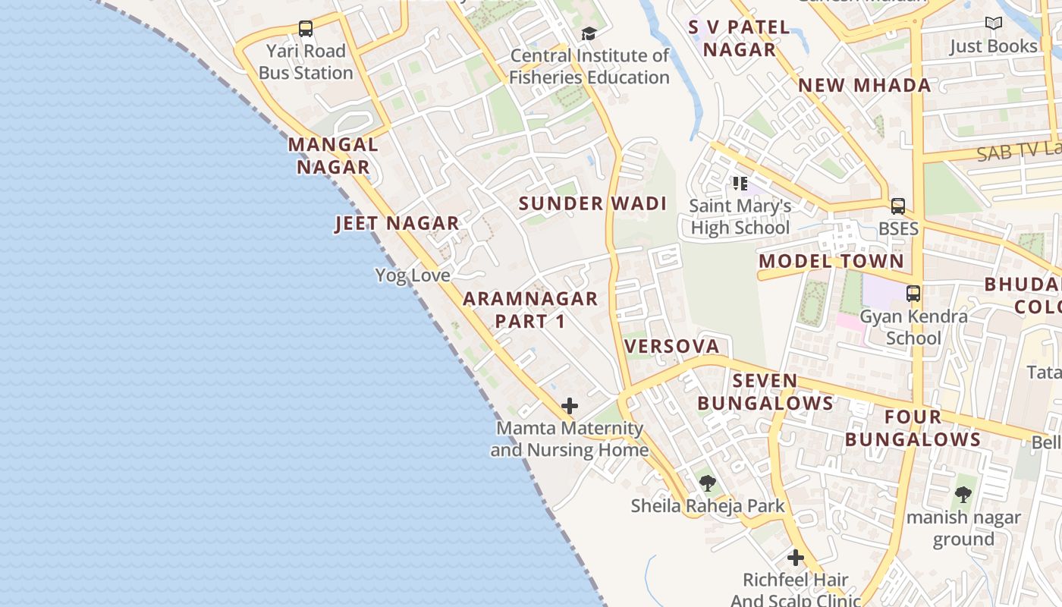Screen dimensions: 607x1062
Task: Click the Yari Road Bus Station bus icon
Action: click(x=306, y=29)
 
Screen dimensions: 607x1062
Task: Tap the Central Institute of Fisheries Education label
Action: click(x=589, y=67)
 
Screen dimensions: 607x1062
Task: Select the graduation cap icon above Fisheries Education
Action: click(x=589, y=33)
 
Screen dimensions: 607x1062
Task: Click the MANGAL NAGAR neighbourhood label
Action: click(x=333, y=156)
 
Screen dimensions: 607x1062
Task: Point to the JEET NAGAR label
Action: click(x=397, y=223)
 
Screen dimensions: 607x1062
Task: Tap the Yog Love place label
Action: click(x=413, y=275)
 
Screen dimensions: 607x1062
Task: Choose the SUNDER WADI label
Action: click(x=592, y=203)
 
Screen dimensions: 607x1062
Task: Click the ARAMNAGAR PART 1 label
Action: click(x=530, y=310)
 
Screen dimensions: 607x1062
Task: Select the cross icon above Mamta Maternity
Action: click(x=570, y=406)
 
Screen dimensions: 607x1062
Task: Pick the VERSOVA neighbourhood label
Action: click(x=671, y=347)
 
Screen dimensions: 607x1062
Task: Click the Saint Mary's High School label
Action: click(x=740, y=217)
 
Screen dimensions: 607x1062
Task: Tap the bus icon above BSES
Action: click(x=898, y=206)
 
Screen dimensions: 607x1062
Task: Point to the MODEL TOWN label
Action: click(x=831, y=261)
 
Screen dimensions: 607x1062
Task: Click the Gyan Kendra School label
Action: click(x=913, y=327)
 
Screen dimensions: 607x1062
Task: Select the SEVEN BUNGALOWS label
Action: click(x=765, y=392)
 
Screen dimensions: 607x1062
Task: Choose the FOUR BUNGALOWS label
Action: click(x=913, y=428)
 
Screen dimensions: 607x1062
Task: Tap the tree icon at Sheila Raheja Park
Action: click(x=708, y=483)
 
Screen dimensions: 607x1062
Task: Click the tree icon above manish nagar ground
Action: click(x=963, y=495)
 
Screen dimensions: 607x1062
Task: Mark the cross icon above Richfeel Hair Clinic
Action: click(x=795, y=558)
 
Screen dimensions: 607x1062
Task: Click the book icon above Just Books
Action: click(x=994, y=24)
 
